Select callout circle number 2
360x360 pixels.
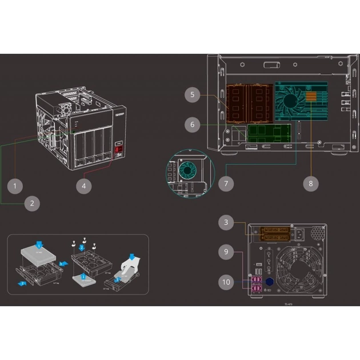(32, 202)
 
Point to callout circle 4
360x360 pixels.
(84, 185)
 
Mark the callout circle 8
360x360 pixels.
(311, 183)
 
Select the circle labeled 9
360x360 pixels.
(227, 250)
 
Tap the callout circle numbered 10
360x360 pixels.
(227, 281)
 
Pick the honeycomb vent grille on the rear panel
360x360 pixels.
(315, 234)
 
